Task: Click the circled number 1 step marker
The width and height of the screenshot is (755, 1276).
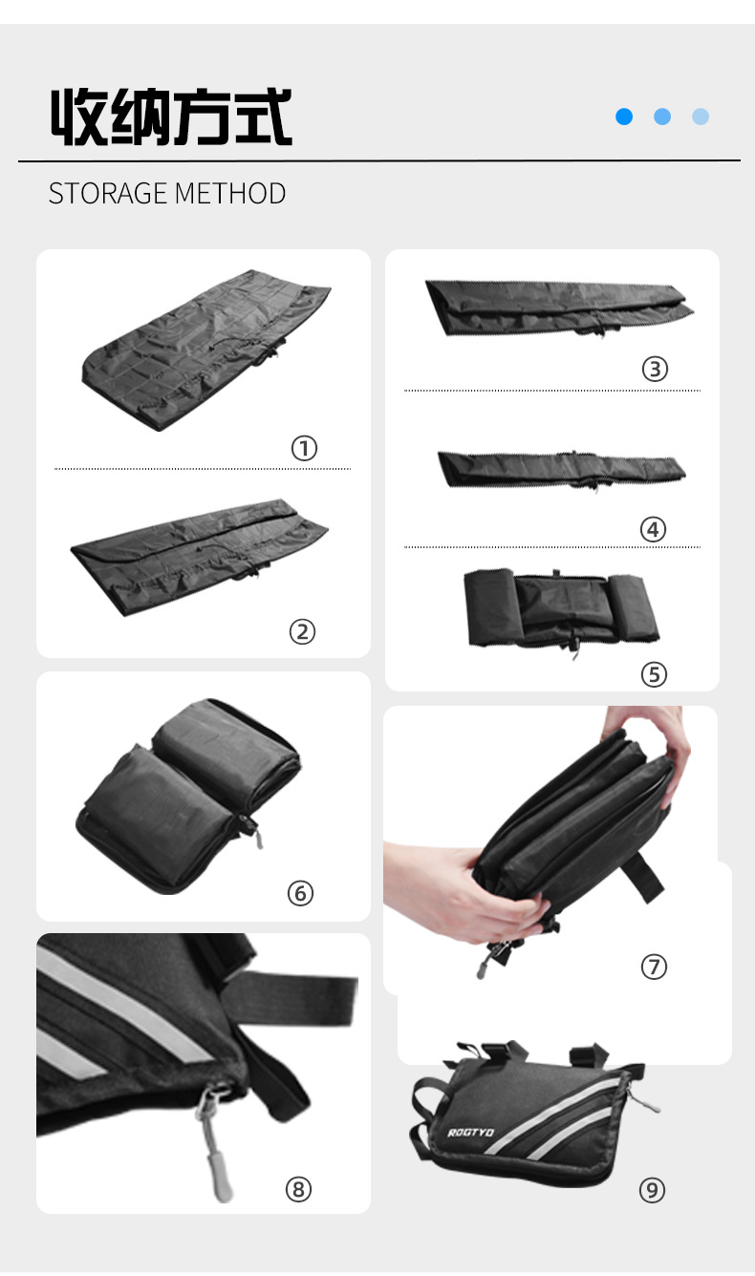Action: click(x=304, y=448)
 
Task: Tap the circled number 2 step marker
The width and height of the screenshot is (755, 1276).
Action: click(x=302, y=631)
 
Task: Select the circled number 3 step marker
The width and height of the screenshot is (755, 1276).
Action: click(x=655, y=369)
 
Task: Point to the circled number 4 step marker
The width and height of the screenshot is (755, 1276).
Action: click(x=653, y=529)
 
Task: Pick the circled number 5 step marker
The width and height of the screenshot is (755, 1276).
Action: click(x=654, y=674)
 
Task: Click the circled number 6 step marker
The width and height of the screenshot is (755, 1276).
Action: click(x=300, y=893)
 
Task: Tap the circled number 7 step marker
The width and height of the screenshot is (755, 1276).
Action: click(x=654, y=967)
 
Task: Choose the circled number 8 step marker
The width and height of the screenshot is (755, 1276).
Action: click(x=298, y=1189)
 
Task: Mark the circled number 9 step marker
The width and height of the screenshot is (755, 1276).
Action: click(x=652, y=1190)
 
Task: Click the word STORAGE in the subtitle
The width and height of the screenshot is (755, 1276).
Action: click(x=108, y=194)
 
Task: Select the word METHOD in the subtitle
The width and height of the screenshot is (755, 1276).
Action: click(x=230, y=194)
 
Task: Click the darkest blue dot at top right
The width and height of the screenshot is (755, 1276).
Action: click(x=624, y=117)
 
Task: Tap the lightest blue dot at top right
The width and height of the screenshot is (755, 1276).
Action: click(x=701, y=117)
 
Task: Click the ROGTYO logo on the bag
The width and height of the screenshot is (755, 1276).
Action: click(x=470, y=1133)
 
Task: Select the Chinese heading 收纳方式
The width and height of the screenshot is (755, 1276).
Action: click(x=171, y=117)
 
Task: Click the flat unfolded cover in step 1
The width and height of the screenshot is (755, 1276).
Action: click(x=206, y=350)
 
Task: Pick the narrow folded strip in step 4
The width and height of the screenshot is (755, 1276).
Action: click(x=562, y=470)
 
